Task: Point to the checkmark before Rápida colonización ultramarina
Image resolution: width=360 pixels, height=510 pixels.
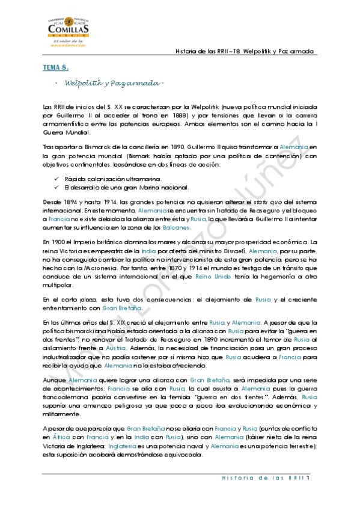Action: point(56,179)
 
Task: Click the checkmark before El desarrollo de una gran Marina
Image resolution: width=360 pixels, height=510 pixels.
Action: point(56,187)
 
